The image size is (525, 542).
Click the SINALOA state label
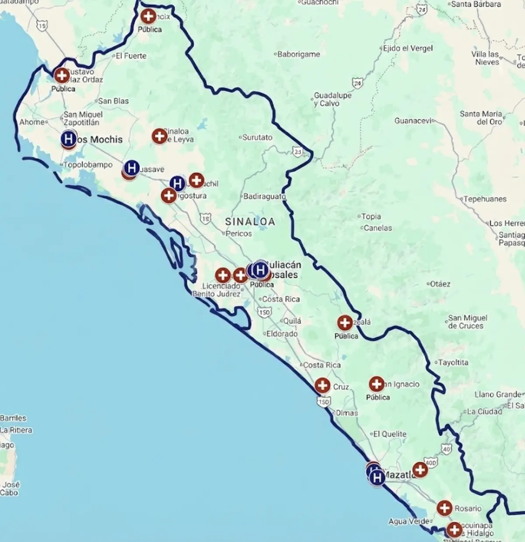(x=250, y=222)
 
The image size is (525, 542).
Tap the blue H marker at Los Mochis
(x=68, y=139)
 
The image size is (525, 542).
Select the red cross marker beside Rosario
(x=444, y=508)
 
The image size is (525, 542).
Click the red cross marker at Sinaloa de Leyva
(x=160, y=136)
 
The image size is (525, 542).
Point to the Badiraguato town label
(x=264, y=197)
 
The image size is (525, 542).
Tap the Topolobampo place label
(x=87, y=165)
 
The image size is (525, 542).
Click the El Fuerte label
(x=131, y=56)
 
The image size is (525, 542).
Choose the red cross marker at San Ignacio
(x=377, y=384)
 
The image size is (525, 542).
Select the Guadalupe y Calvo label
(x=332, y=99)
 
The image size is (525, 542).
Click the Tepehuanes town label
(x=485, y=199)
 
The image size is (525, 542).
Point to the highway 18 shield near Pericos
(x=205, y=218)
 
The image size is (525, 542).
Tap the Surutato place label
(x=257, y=137)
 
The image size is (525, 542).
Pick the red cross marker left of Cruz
(x=322, y=386)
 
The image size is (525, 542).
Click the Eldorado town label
(x=282, y=334)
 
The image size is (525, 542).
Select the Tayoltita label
(x=453, y=363)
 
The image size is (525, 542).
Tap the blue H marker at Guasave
(x=131, y=168)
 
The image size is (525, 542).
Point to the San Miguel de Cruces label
(x=467, y=322)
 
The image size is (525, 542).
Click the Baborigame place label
(x=299, y=54)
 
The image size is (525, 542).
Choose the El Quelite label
(x=389, y=434)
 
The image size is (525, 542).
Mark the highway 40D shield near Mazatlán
(x=431, y=462)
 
